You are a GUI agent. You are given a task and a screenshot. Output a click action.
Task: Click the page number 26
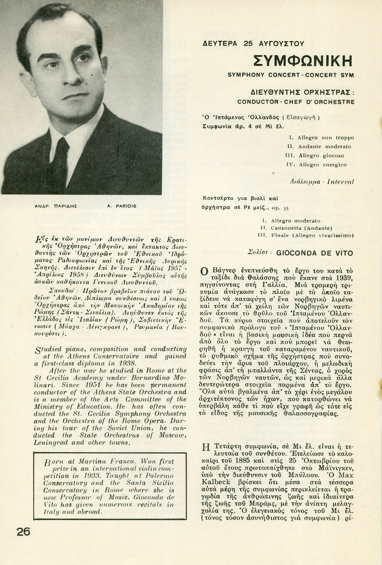point(24,532)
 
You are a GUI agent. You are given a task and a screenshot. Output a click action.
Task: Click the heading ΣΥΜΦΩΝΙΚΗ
point(304,61)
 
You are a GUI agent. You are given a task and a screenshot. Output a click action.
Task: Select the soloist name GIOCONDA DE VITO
point(315,253)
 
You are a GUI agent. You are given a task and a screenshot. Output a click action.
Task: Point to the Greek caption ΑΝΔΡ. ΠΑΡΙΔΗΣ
point(50,206)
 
